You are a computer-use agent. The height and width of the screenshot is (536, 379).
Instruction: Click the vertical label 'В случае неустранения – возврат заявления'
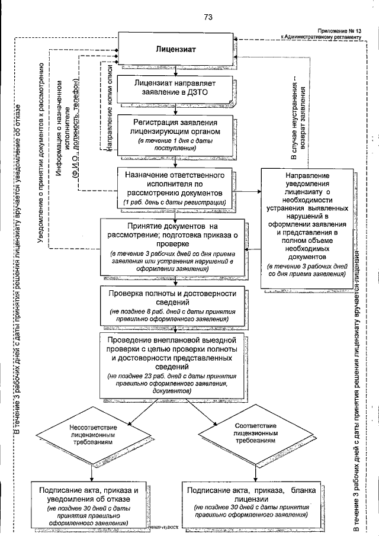(x=298, y=118)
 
